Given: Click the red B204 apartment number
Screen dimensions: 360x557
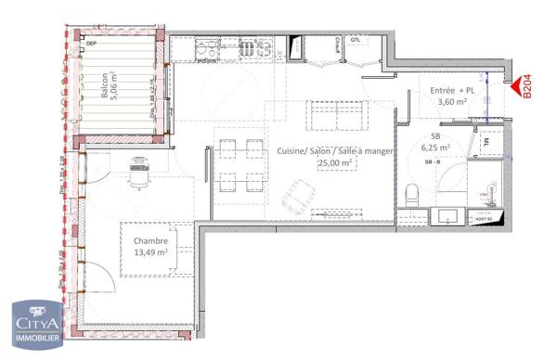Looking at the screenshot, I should [x=527, y=87].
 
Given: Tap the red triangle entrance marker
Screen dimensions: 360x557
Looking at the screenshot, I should [x=515, y=87].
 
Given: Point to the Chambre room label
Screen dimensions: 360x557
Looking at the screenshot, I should [x=149, y=240].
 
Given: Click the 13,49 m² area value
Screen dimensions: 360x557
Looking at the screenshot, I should [x=149, y=251].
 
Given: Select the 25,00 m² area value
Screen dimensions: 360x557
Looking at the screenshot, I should [x=335, y=162].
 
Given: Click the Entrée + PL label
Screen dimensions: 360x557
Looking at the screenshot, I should [x=452, y=90].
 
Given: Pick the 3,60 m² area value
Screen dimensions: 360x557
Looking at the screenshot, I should [x=452, y=102].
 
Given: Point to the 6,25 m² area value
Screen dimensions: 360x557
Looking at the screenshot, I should [x=435, y=147].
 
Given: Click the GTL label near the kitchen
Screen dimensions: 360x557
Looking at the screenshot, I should [x=355, y=39].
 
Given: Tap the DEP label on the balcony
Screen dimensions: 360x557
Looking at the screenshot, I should [x=91, y=43].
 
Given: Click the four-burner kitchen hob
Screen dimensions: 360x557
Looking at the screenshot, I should [x=248, y=47].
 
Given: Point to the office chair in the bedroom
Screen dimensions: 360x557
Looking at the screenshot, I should [x=139, y=172].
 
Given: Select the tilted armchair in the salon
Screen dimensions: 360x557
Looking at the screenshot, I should [x=297, y=194].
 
